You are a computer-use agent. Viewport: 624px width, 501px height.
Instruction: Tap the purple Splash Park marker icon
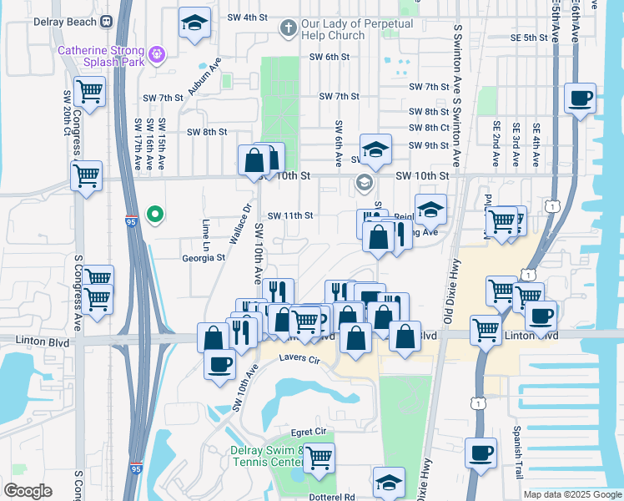(157, 57)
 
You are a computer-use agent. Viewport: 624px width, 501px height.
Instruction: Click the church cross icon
(289, 28)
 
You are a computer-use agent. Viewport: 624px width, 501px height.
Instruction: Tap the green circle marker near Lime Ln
(154, 215)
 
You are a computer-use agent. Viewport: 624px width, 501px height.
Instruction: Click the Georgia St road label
(204, 258)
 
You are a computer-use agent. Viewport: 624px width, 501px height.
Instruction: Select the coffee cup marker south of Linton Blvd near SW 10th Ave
(220, 364)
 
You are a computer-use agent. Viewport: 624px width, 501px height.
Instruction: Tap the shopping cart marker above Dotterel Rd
(319, 457)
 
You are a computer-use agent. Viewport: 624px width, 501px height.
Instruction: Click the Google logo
(28, 491)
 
